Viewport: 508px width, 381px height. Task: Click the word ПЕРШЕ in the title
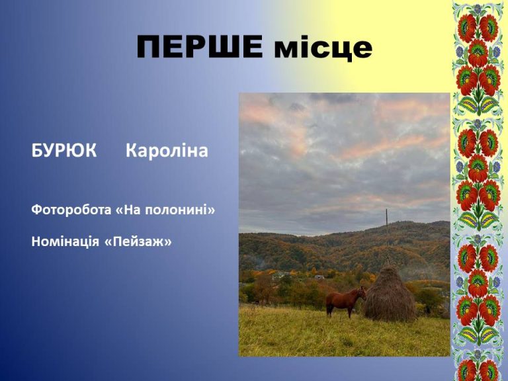(200, 46)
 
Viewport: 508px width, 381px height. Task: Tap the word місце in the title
(323, 49)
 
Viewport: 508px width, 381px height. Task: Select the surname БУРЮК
(63, 151)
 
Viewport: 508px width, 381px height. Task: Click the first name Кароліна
(167, 151)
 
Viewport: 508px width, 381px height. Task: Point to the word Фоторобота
(71, 210)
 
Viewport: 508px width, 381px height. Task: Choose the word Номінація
(65, 241)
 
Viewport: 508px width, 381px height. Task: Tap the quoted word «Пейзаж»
(138, 241)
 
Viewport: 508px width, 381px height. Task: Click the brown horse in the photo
(345, 302)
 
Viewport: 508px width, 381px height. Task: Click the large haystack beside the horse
(390, 294)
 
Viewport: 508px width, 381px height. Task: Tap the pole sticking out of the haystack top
(387, 261)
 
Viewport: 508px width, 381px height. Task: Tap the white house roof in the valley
(319, 277)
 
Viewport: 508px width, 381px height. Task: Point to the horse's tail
(327, 302)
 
